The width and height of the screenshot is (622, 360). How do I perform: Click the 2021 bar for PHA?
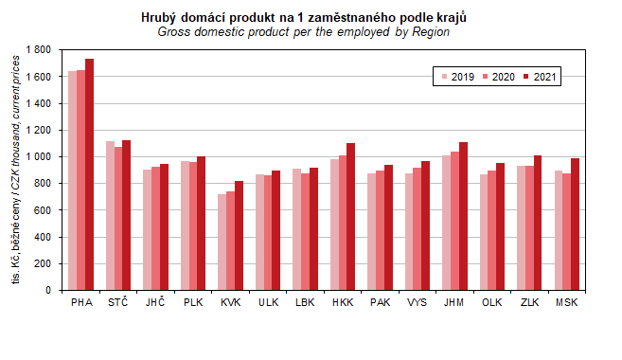coord(89,174)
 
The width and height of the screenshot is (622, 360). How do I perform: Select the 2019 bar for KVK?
coord(222,243)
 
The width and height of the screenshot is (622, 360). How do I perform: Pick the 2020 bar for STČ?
coord(118,218)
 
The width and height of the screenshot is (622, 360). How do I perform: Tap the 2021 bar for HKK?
coord(350,217)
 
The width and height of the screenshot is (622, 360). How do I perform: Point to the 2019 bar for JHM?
coord(446,223)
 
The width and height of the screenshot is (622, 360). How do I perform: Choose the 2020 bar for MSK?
coord(567,232)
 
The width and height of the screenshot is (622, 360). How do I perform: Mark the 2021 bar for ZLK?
coord(538,223)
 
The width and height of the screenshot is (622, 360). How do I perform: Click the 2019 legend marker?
coord(444,77)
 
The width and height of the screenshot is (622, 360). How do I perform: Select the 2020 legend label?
coord(504,77)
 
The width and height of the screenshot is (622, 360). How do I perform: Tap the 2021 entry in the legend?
coord(540,77)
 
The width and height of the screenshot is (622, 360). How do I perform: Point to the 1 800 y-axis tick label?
coord(39,49)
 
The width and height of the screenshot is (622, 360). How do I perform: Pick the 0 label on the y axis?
coord(48,290)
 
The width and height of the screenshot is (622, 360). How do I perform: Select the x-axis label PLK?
coord(193,302)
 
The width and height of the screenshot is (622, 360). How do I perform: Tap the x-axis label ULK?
coord(268,302)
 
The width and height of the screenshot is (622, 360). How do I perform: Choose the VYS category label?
coord(418,302)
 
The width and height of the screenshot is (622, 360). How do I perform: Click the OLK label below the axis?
coord(492,302)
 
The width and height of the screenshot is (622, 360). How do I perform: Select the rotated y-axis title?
coord(15,170)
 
